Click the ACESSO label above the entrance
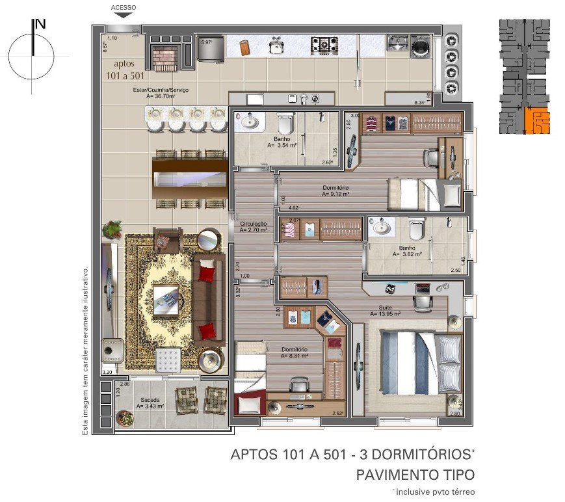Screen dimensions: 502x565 pyautogui.click(x=124, y=8)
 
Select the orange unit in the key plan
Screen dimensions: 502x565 pyautogui.click(x=536, y=121)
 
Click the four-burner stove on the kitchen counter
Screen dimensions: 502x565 pyautogui.click(x=323, y=45)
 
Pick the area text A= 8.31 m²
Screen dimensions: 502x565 pyautogui.click(x=295, y=356)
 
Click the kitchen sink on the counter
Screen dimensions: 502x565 pyautogui.click(x=277, y=46)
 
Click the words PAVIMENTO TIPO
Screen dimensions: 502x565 pyautogui.click(x=415, y=475)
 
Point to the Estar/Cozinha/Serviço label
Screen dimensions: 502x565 pyautogui.click(x=149, y=90)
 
